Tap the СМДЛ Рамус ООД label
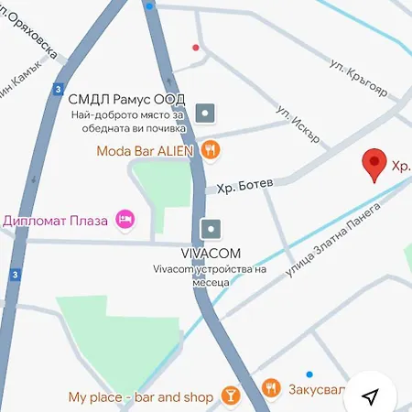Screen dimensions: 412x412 tap(126, 98)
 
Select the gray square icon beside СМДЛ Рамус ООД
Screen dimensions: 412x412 tap(207, 114)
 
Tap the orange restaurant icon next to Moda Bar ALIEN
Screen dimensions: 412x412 tap(211, 148)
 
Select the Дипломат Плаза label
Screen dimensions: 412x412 tap(56, 220)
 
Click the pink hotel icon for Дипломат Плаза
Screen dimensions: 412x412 tap(125, 219)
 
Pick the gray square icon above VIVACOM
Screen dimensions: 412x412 tap(211, 228)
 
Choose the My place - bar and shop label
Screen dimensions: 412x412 tap(140, 397)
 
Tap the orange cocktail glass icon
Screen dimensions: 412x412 tap(232, 396)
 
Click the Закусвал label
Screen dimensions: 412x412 tap(317, 390)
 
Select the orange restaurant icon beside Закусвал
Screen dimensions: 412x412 tap(270, 389)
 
